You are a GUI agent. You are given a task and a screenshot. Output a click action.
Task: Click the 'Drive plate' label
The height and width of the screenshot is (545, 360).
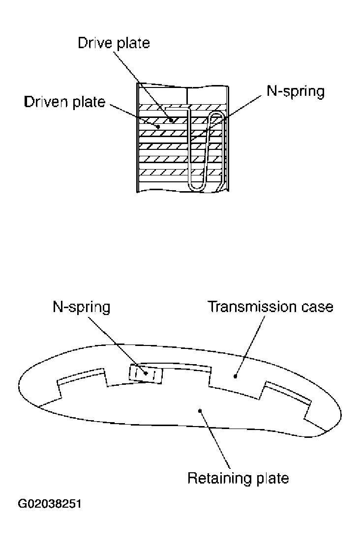click(x=114, y=43)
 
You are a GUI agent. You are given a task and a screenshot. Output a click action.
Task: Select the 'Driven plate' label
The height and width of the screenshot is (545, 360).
click(x=65, y=102)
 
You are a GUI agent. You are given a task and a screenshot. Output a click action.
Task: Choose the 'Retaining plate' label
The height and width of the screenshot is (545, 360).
click(x=238, y=478)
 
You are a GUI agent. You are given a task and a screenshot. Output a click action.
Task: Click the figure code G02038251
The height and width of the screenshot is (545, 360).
click(x=50, y=504)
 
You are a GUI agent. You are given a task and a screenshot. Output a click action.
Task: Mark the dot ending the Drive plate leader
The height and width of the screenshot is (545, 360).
click(x=171, y=119)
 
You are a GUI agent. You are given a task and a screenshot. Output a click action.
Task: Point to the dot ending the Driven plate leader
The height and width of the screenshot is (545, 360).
click(x=158, y=127)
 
